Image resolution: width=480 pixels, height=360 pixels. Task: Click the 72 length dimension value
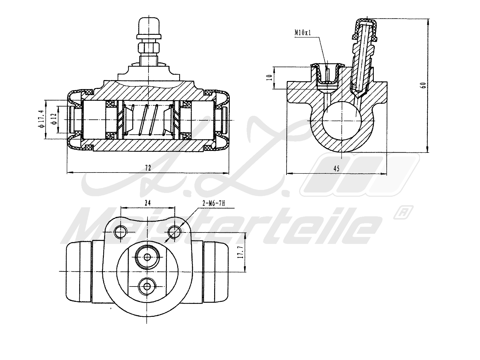(148, 168)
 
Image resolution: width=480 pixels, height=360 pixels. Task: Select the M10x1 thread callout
(303, 33)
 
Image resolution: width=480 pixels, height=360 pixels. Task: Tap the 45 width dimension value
(336, 169)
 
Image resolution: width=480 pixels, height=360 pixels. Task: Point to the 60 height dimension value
(423, 85)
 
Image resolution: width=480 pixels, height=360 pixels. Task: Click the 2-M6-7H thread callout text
(214, 204)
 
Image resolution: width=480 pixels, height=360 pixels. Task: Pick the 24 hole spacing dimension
(147, 203)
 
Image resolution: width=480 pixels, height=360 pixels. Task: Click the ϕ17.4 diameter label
(41, 119)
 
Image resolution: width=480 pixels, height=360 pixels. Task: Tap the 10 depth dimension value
(270, 77)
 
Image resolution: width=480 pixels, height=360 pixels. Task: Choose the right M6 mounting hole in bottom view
(174, 231)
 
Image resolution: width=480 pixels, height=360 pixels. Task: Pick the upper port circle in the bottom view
(147, 257)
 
